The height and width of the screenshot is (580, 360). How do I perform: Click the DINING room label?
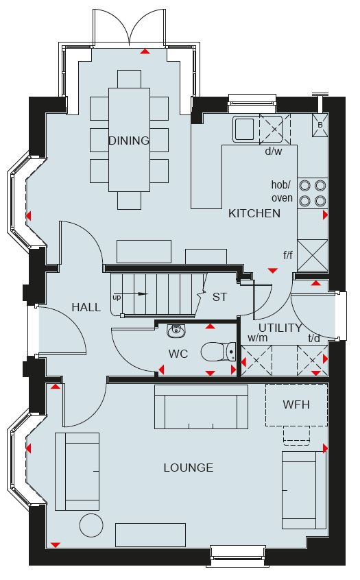[129, 141]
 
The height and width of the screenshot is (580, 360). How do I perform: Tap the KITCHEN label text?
[254, 213]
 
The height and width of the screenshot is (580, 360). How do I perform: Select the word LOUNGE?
[189, 468]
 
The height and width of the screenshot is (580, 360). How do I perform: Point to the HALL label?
[86, 307]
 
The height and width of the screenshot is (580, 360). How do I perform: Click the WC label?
[178, 354]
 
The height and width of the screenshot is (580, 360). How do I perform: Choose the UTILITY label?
[280, 328]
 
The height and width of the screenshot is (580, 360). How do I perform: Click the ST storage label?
[220, 297]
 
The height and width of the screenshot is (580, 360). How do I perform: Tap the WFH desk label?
[296, 404]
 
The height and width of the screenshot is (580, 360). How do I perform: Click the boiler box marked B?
[320, 125]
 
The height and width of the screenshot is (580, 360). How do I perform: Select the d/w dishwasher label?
[274, 151]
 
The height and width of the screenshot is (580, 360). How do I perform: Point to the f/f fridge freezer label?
[288, 255]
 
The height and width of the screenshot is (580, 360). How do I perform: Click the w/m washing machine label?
[258, 338]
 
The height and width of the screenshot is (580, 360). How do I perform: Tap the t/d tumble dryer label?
[314, 338]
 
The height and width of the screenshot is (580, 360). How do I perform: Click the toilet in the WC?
[219, 352]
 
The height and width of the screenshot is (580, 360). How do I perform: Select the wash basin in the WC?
[176, 331]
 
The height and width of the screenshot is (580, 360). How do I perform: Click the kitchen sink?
[243, 129]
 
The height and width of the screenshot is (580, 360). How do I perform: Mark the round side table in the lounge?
[91, 525]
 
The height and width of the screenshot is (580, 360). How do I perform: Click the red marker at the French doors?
[145, 51]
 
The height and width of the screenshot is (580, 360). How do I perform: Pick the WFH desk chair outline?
[296, 434]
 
